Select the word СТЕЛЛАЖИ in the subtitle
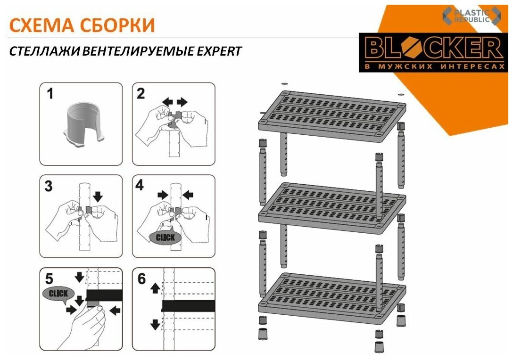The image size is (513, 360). [x=44, y=51]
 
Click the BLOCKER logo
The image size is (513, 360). [x=434, y=52]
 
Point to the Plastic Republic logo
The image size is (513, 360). [x=472, y=16]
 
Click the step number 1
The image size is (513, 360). [x=50, y=94]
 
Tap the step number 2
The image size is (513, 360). [x=141, y=94]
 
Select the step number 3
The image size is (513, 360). [x=49, y=186]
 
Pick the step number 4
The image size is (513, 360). [x=140, y=185]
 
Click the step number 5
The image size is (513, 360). [x=49, y=279]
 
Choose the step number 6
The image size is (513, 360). [x=141, y=278]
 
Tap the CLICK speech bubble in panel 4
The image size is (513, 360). [x=165, y=237]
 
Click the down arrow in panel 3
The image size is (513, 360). [x=98, y=196]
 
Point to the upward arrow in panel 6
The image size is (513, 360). [x=155, y=288]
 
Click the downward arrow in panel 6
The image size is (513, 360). [x=155, y=324]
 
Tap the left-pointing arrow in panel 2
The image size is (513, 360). [x=167, y=102]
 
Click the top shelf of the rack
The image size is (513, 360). [x=332, y=115]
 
